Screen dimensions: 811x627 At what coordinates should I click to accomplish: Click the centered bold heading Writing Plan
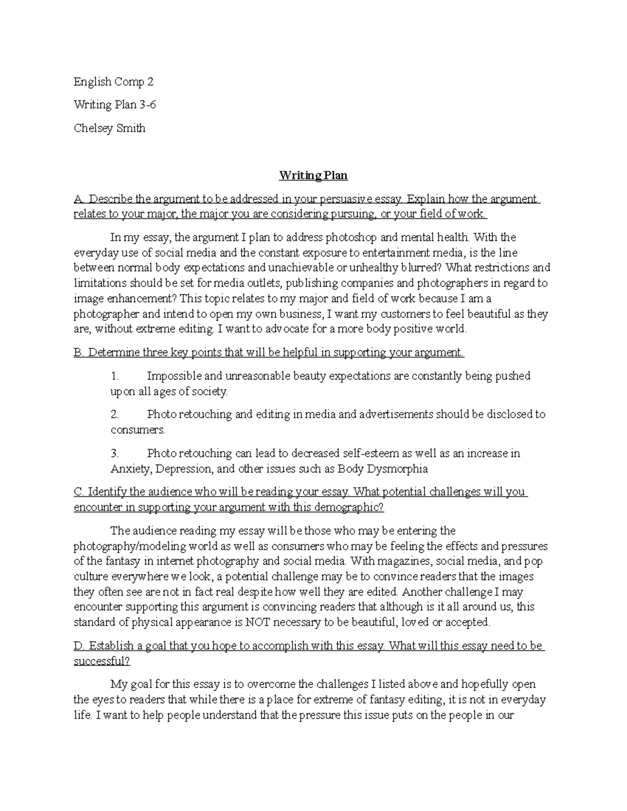pos(313,175)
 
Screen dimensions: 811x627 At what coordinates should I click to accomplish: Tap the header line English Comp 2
pos(113,82)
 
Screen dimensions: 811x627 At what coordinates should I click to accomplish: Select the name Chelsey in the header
pos(91,128)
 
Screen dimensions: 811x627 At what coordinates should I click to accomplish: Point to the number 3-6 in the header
pos(147,105)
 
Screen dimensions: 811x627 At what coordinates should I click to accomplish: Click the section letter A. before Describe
pos(79,199)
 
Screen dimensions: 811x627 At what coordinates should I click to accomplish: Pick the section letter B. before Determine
pos(78,352)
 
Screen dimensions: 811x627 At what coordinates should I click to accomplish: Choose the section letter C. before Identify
pos(79,492)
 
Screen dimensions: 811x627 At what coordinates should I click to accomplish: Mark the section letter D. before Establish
pos(79,646)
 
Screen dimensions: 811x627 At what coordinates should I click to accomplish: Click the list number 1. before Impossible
pos(115,376)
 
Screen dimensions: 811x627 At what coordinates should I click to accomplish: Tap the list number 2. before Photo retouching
pos(115,415)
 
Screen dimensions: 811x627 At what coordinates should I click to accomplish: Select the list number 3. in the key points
pos(115,453)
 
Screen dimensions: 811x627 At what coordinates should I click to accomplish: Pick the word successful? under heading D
pos(102,661)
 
